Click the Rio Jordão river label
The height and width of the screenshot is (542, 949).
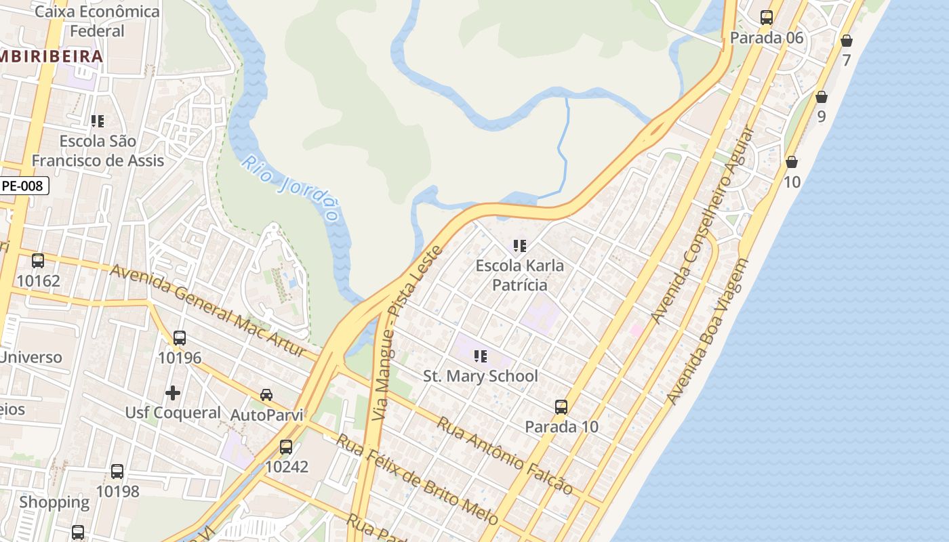(x=291, y=189)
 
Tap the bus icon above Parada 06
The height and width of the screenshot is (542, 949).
(x=767, y=18)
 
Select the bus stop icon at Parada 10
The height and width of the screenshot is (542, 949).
(x=561, y=406)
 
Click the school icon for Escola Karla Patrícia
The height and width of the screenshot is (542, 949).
(x=520, y=245)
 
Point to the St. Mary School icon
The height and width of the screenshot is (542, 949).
(x=481, y=356)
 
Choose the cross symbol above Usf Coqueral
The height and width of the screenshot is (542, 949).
(x=173, y=392)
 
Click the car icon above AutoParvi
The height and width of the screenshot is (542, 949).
(x=266, y=394)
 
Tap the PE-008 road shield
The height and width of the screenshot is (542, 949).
(x=24, y=185)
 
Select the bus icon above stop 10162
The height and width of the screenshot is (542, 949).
(x=38, y=260)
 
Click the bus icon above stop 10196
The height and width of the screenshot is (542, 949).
(x=180, y=337)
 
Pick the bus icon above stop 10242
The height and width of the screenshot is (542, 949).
(x=286, y=446)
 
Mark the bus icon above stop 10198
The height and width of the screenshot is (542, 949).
(x=117, y=471)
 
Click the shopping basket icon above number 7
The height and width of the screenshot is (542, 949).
(x=847, y=41)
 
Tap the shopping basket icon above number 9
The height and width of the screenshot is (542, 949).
(x=822, y=97)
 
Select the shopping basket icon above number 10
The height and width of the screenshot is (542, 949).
(x=791, y=162)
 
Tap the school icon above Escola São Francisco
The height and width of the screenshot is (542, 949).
(x=98, y=121)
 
